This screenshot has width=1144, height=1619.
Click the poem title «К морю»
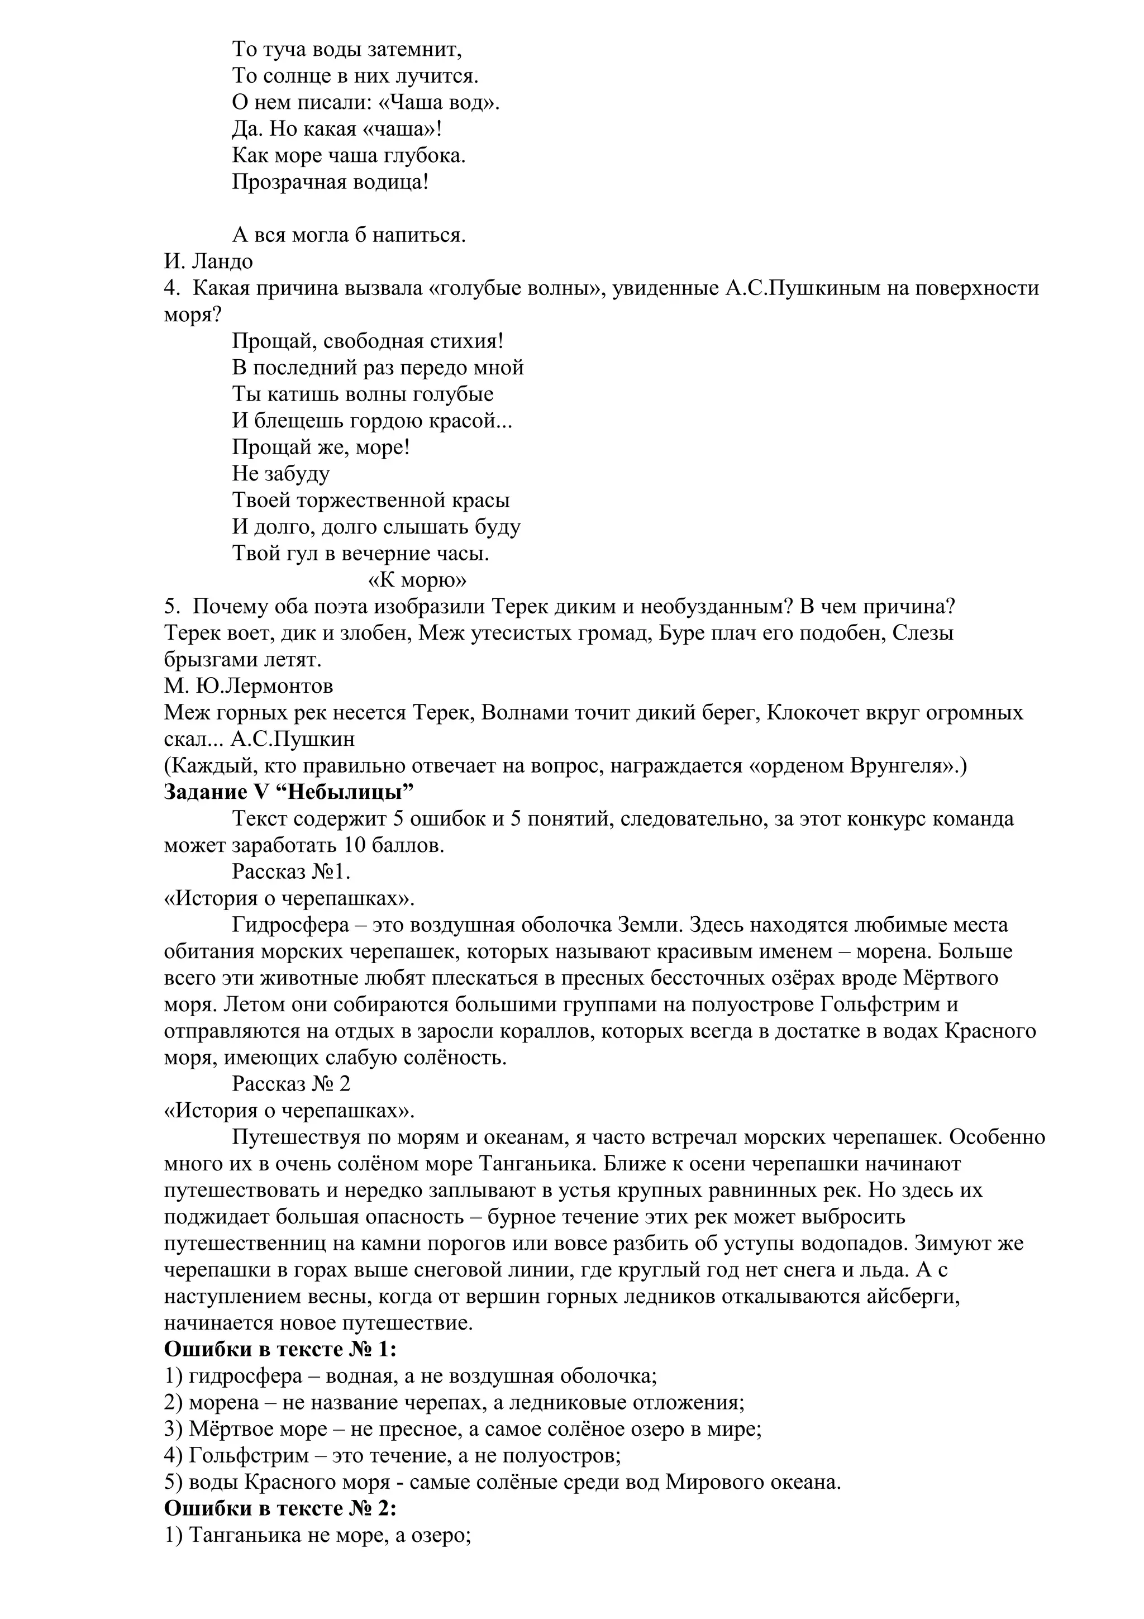[x=417, y=580]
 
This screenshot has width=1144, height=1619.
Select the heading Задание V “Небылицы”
[x=288, y=793]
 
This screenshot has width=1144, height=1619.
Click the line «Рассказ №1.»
[x=291, y=872]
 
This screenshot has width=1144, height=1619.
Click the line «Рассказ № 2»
[x=291, y=1084]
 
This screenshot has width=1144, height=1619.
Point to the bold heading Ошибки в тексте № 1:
[x=280, y=1350]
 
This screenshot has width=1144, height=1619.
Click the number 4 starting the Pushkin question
[x=169, y=288]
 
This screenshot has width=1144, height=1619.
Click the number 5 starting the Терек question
[x=169, y=607]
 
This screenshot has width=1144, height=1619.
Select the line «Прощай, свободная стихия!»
[x=367, y=341]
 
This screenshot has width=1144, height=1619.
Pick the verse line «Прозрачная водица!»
[x=330, y=182]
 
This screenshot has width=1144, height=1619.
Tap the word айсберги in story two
[x=915, y=1297]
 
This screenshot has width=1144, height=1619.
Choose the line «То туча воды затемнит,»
[x=347, y=49]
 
